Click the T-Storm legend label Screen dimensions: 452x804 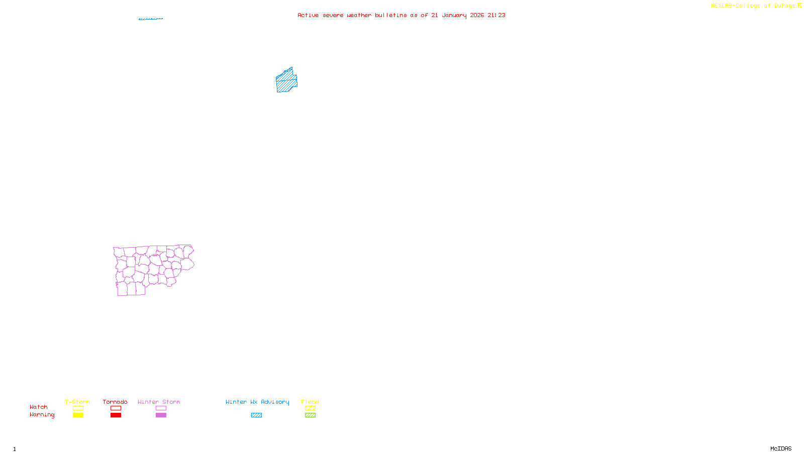tap(77, 402)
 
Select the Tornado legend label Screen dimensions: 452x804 tap(115, 402)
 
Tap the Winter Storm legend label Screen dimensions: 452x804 tap(159, 402)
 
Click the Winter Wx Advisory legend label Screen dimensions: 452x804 tap(257, 402)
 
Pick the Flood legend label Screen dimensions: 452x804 tap(310, 402)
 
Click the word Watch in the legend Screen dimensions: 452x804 tap(39, 407)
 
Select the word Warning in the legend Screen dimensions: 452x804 tap(42, 415)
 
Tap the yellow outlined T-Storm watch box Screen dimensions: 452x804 tap(78, 408)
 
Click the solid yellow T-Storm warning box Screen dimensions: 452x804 tap(78, 415)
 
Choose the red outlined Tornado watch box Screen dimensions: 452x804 tap(116, 408)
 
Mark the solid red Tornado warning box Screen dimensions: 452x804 tap(116, 415)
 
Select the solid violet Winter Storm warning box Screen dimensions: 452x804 tap(161, 415)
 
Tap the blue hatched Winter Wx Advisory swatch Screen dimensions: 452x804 tap(256, 415)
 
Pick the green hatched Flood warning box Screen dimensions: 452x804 tap(310, 415)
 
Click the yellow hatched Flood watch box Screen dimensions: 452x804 tap(310, 408)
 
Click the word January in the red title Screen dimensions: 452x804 tap(454, 16)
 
